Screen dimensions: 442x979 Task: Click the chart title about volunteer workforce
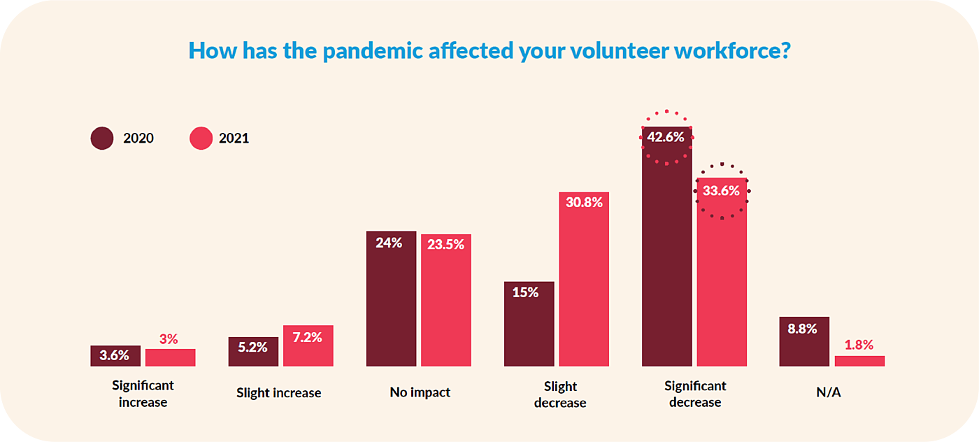click(x=489, y=50)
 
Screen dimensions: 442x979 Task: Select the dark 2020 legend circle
click(x=102, y=138)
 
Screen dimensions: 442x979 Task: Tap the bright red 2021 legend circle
click(x=201, y=138)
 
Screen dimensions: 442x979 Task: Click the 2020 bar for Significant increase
click(x=115, y=356)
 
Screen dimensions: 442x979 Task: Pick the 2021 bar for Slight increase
click(x=308, y=346)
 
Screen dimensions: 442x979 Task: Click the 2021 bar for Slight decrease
click(x=584, y=280)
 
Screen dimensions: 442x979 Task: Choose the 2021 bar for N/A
click(x=859, y=361)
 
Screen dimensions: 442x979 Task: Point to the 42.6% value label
click(x=666, y=137)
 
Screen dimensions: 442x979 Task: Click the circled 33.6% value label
click(x=721, y=191)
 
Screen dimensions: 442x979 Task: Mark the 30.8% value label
click(x=584, y=202)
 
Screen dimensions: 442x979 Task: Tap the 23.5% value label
click(x=445, y=245)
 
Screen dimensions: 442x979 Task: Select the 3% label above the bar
click(x=169, y=339)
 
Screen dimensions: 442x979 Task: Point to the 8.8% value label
click(x=803, y=328)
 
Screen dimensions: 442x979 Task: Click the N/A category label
click(x=829, y=392)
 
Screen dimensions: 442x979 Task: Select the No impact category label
click(x=420, y=392)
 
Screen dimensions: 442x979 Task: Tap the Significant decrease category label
click(x=695, y=394)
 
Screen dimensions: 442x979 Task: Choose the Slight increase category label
click(x=278, y=392)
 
